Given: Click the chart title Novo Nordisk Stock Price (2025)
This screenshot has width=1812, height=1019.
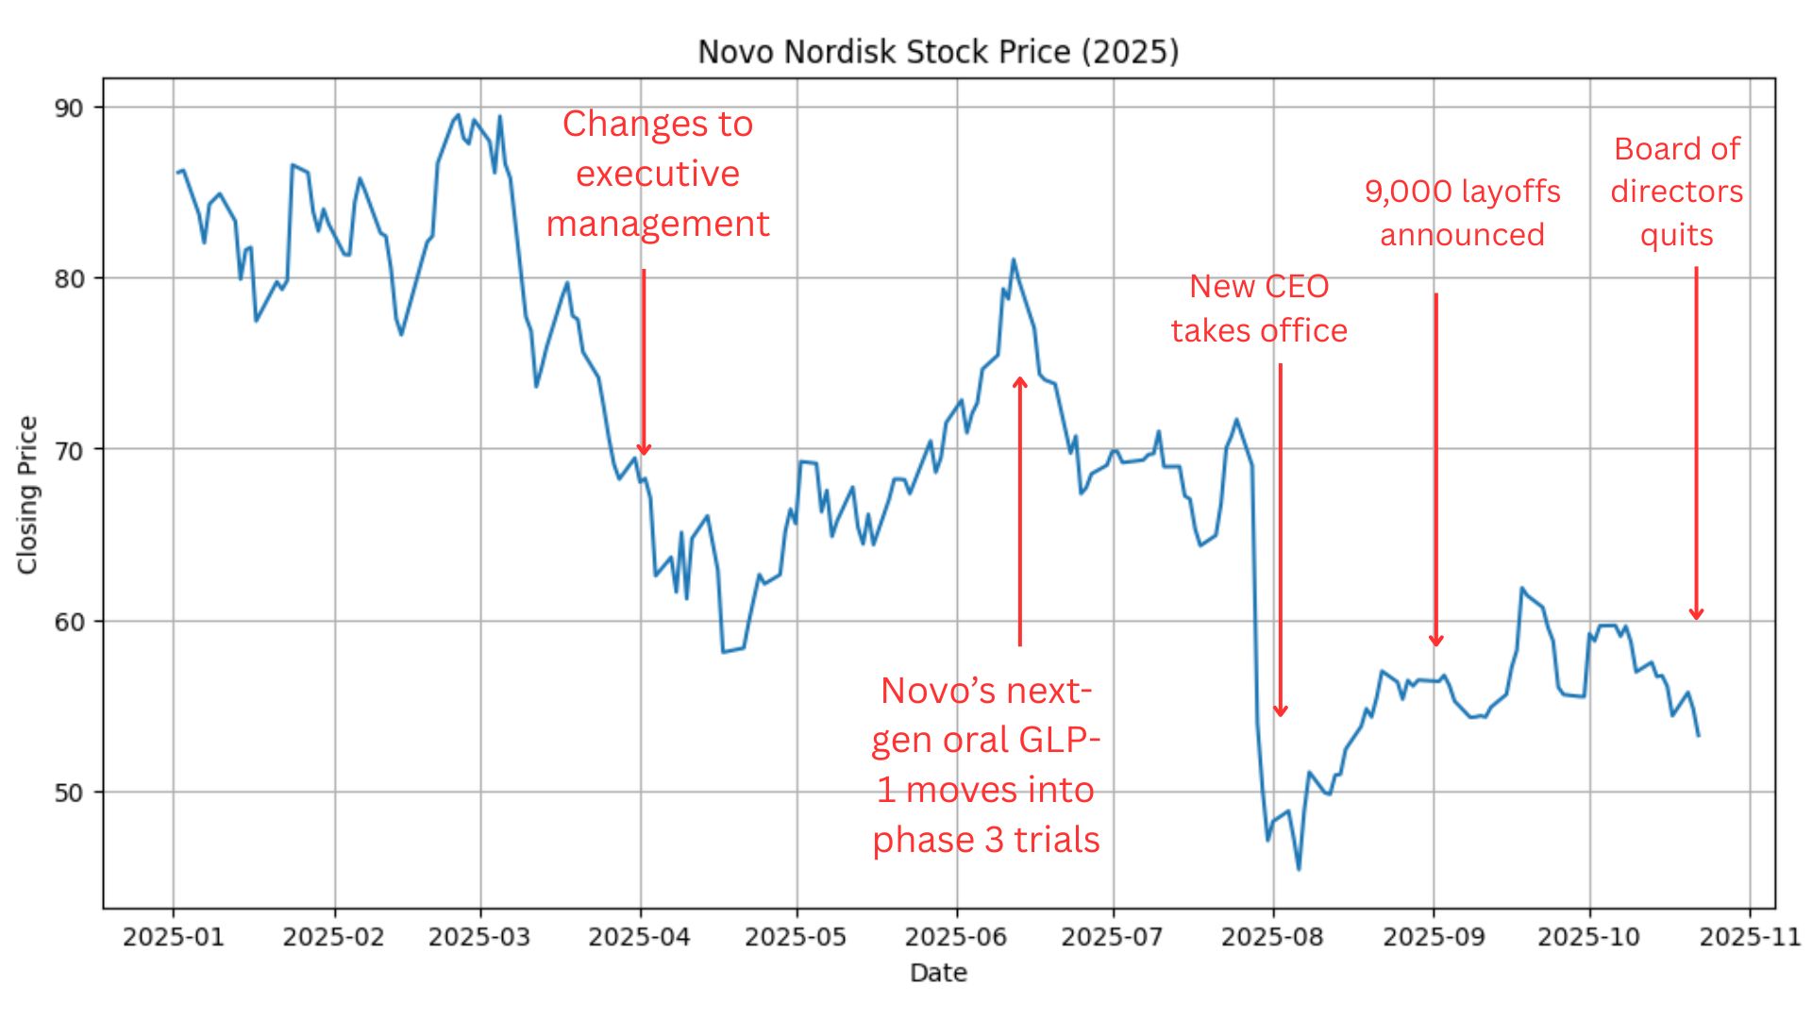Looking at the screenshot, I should click(938, 51).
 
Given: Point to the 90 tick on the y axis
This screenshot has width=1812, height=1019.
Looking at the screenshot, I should click(69, 108).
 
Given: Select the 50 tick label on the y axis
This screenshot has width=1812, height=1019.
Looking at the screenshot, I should click(69, 793).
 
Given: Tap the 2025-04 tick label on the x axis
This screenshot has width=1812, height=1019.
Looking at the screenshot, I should click(640, 938).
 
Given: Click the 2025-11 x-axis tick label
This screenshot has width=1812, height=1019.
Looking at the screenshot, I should click(1750, 938).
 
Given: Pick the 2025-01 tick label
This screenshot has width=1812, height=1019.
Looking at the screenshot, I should click(174, 938).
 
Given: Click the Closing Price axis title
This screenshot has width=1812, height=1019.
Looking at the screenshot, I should click(27, 494).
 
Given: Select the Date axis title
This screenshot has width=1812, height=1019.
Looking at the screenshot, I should click(938, 973).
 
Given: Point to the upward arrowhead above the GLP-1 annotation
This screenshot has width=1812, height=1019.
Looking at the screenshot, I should click(1020, 382).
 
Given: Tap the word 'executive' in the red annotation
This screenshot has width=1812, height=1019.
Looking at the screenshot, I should click(658, 174).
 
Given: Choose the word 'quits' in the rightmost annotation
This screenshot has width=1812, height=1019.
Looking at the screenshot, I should click(1676, 234).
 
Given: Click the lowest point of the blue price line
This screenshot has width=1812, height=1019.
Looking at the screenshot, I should click(1299, 869).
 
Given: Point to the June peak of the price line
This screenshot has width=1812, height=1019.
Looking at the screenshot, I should click(1013, 259).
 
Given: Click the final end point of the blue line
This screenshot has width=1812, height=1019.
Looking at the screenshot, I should click(1699, 736).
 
